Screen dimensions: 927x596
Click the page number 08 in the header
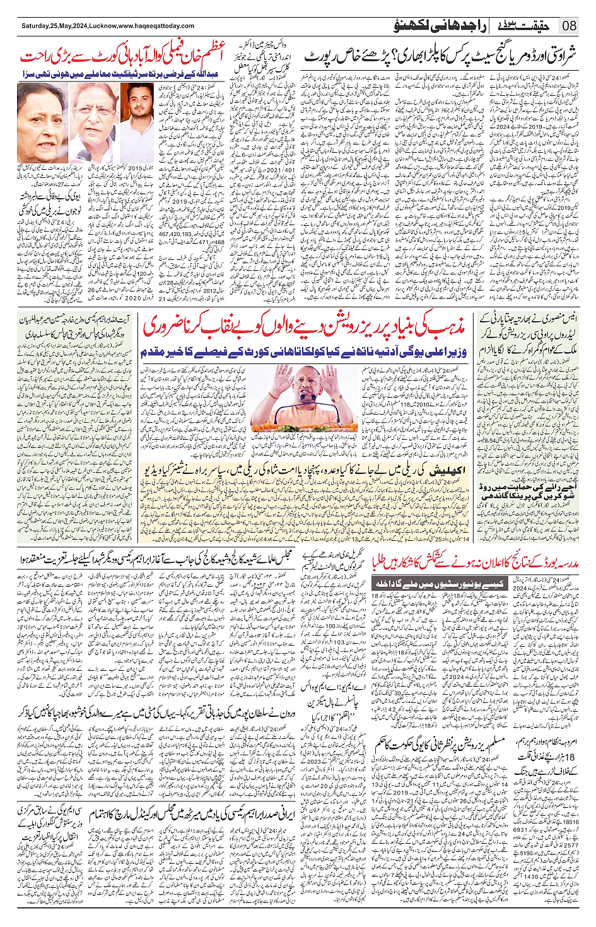[570, 26]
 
